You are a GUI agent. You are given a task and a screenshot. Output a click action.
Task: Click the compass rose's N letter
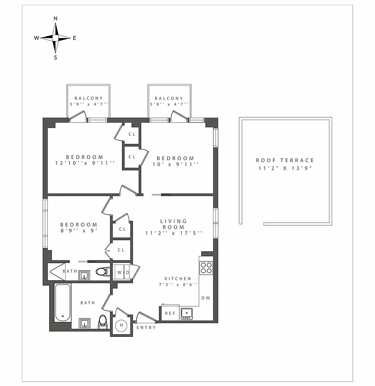coord(55,18)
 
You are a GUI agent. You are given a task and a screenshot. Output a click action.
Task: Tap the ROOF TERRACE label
coord(285,160)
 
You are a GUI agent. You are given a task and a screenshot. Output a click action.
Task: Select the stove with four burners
coord(206,267)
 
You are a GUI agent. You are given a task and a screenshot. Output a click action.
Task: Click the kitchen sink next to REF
coord(187,313)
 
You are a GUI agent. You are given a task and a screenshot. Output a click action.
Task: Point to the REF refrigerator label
coord(170,314)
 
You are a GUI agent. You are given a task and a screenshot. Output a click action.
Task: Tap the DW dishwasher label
coord(206,298)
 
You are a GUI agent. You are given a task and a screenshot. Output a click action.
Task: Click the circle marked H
coord(121,325)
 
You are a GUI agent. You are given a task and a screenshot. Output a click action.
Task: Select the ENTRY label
coord(146,328)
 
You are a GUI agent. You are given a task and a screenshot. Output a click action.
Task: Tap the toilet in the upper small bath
coord(102,272)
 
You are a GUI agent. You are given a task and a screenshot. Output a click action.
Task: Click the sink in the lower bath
coord(85,323)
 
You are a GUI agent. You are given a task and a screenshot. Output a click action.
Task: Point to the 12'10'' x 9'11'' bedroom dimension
coord(85,163)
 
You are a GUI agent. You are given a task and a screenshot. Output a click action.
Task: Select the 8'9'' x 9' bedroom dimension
coord(79,231)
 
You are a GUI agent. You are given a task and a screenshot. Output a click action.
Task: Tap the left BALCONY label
coord(89,98)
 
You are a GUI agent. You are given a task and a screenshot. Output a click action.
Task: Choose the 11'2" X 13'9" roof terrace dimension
coord(285,168)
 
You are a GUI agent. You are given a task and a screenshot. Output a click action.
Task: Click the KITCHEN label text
coord(178,279)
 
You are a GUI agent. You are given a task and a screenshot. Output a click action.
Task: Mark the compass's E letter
coord(74,38)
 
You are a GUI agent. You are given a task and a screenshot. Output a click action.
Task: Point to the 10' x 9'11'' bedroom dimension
coord(175,164)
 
